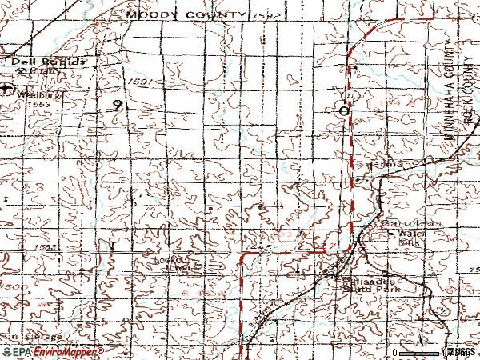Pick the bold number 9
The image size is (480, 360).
pyautogui.click(x=118, y=105)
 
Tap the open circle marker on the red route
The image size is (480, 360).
pyautogui.click(x=344, y=111)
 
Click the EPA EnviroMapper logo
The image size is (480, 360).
pyautogui.click(x=52, y=351)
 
